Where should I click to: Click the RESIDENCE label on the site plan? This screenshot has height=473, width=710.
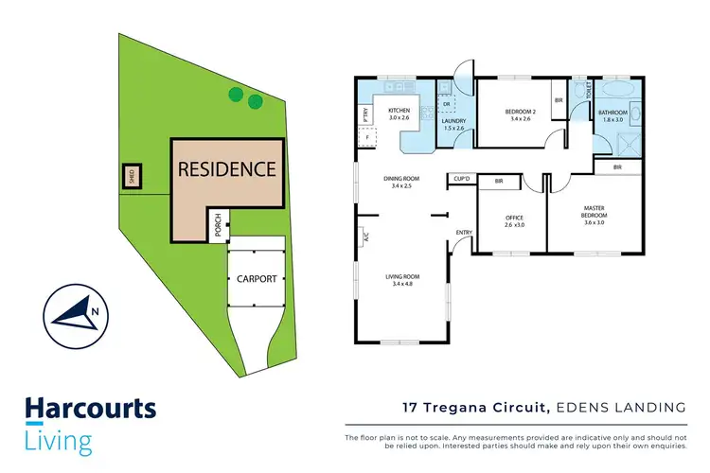click(x=227, y=170)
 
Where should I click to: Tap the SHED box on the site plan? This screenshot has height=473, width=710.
click(x=132, y=176)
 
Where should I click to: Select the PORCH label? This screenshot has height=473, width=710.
click(x=219, y=225)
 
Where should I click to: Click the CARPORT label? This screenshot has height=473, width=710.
click(x=257, y=279)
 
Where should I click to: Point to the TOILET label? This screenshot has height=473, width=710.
click(x=589, y=91)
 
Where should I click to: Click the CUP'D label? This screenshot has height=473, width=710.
click(x=463, y=178)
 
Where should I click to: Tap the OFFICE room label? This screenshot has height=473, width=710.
click(x=514, y=221)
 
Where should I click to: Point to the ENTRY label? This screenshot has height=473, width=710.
click(x=464, y=233)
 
